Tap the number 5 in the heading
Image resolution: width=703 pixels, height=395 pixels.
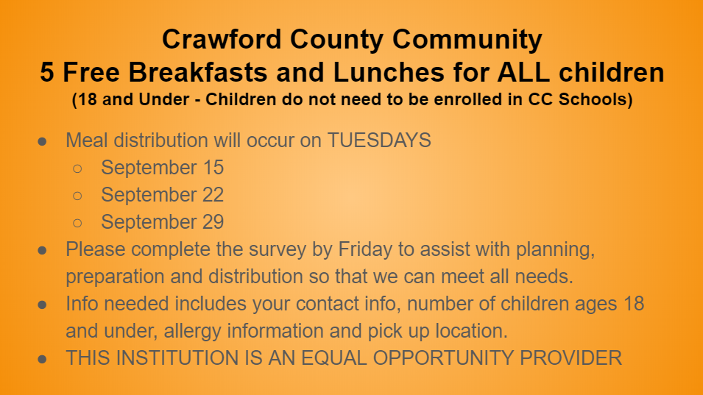pyautogui.click(x=46, y=72)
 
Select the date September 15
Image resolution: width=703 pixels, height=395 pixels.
pyautogui.click(x=162, y=168)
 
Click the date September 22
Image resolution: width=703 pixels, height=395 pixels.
pyautogui.click(x=162, y=195)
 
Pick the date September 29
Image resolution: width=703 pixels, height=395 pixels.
pyautogui.click(x=162, y=221)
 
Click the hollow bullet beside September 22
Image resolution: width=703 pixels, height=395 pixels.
pyautogui.click(x=77, y=196)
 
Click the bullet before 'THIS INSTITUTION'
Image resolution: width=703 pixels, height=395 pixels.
pyautogui.click(x=42, y=359)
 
